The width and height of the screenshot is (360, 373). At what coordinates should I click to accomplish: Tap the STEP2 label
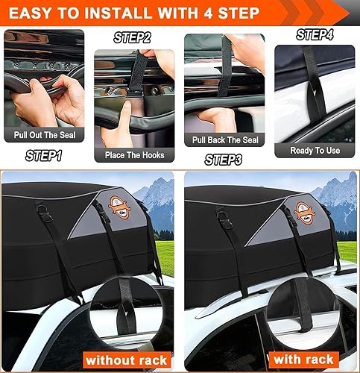[x=132, y=37]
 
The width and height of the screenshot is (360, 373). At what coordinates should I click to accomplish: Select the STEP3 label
[x=223, y=159]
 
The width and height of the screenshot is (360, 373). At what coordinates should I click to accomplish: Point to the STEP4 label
[x=314, y=34]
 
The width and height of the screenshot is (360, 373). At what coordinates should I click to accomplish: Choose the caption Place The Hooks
[x=133, y=154]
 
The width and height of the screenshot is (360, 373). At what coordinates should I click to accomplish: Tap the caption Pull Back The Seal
[x=224, y=140]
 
